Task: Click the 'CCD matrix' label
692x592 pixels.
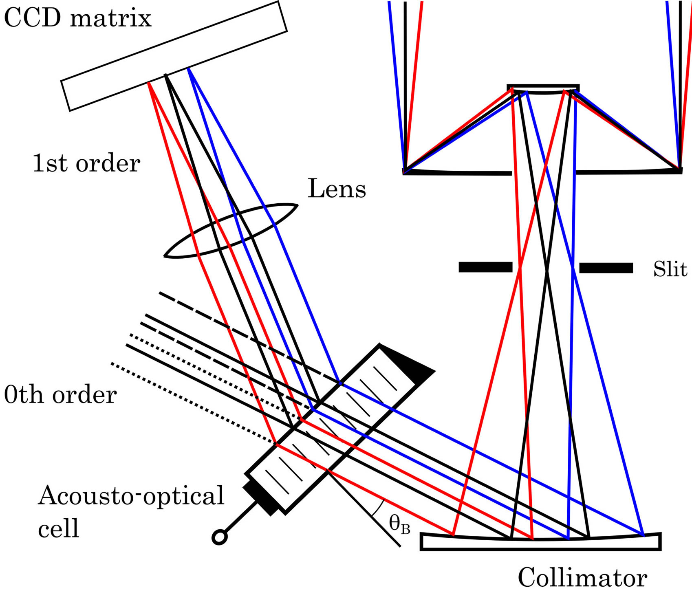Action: coord(77,19)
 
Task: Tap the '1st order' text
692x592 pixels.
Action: coord(86,164)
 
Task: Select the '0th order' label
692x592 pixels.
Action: coord(60,395)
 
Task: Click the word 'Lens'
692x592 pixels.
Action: coord(337,189)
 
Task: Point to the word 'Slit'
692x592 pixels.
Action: coord(670,269)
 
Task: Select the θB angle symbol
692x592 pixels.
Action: coord(399,524)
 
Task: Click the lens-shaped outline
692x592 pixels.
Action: coord(231,231)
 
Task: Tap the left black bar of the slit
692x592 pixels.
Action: coord(485,267)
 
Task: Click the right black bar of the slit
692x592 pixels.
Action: coord(606,268)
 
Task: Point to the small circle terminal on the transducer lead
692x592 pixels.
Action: coord(220,537)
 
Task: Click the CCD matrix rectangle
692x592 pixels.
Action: coord(174,56)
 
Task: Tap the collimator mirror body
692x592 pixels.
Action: coord(540,544)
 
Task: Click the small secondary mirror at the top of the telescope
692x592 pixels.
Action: coord(543,88)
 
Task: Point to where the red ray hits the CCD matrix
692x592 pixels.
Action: coord(148,83)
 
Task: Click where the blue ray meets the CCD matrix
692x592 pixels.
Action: coord(188,68)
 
